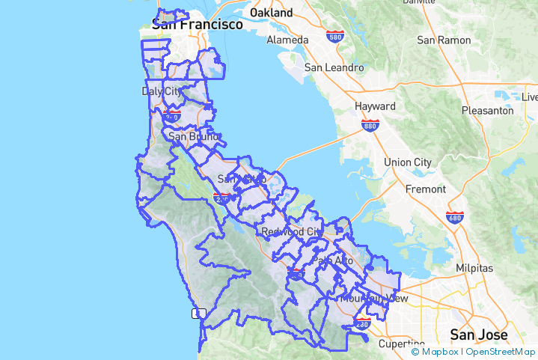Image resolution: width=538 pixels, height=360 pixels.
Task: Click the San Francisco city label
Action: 198,25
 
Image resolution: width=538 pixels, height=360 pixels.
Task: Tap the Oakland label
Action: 271,13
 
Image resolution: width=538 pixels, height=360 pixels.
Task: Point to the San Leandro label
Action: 334,67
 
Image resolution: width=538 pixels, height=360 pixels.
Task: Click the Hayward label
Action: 375,106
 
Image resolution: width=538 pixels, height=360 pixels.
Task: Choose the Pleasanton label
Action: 488,110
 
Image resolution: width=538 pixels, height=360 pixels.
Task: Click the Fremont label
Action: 425,189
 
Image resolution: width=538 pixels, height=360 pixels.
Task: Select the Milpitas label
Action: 474,268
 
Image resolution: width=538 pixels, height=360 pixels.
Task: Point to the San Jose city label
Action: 478,334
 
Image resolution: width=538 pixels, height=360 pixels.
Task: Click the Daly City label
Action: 161,91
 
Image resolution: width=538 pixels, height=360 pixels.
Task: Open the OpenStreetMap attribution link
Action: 501,351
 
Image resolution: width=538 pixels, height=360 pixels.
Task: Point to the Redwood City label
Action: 293,231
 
